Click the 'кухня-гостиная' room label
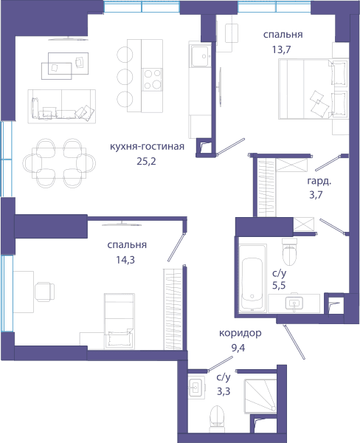[x=147, y=147]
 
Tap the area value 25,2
[x=146, y=161]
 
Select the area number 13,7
[x=281, y=49]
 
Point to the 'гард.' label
[x=319, y=182]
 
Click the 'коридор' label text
[x=240, y=333]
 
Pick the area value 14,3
[x=125, y=260]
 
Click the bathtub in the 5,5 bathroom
[x=252, y=278]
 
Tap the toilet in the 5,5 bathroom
[x=290, y=252]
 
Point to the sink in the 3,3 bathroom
[x=196, y=388]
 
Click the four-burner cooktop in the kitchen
[x=152, y=80]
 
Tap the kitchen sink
[x=201, y=56]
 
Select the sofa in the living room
[x=61, y=106]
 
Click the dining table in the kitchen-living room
[x=59, y=163]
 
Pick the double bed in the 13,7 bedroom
[x=313, y=89]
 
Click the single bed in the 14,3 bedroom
[x=120, y=321]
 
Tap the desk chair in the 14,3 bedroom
[x=44, y=292]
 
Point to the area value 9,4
[x=238, y=348]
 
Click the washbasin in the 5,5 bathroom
[x=294, y=303]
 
